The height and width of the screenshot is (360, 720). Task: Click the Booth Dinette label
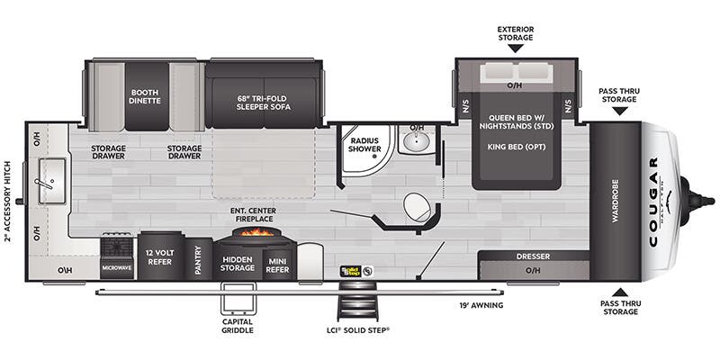coord(145,96)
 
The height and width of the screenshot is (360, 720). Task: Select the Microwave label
coord(115,267)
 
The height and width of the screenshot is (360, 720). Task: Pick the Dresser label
coord(533,256)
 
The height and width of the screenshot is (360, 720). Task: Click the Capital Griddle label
coord(237,326)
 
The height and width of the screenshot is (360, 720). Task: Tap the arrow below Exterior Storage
coord(516,47)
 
